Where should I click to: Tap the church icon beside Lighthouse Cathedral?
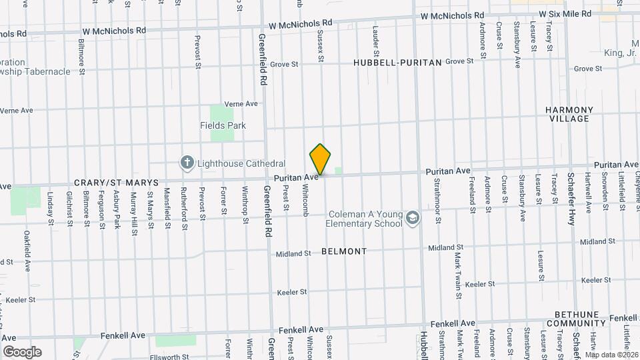click(x=187, y=163)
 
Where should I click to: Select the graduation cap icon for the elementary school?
click(x=413, y=219)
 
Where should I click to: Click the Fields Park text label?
click(x=223, y=125)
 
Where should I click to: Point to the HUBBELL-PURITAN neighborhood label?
click(x=398, y=62)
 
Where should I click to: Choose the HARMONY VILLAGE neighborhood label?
click(x=569, y=114)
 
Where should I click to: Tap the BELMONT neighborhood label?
click(x=344, y=251)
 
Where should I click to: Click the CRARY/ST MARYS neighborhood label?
click(x=116, y=182)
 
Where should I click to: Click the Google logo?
click(x=21, y=351)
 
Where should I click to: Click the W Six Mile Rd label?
click(x=565, y=13)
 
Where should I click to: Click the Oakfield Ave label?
click(x=27, y=251)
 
